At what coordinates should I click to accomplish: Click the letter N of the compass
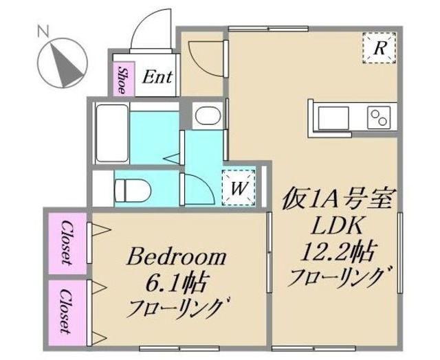[x=43, y=31]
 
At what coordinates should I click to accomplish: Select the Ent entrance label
[x=157, y=78]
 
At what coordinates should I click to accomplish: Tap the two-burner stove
[x=379, y=117]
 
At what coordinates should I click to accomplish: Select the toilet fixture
[x=131, y=187]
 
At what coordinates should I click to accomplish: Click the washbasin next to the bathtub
[x=205, y=117]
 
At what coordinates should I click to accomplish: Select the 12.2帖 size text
[x=335, y=251]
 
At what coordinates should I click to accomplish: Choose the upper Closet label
[x=67, y=241]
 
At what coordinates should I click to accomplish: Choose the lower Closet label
[x=67, y=311]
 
